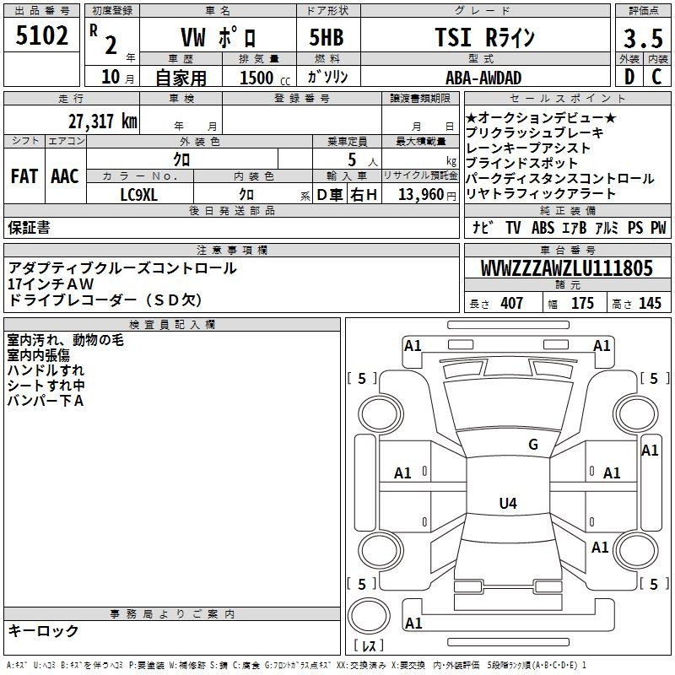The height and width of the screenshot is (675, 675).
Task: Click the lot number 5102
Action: [41, 35]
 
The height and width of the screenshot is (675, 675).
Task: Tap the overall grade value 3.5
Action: [643, 38]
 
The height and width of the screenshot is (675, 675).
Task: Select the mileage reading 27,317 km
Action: [103, 121]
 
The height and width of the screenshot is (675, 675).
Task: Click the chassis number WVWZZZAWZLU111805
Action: [567, 268]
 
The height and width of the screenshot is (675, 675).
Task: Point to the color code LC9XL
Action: [138, 195]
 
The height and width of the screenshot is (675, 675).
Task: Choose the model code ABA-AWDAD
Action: [483, 78]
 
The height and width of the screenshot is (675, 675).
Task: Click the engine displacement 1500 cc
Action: [265, 78]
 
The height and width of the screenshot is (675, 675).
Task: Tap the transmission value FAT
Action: [24, 176]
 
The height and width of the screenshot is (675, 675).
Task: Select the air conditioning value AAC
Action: [65, 176]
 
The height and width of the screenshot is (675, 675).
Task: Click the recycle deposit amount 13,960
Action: [421, 195]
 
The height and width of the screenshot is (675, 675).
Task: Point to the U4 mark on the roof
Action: [508, 503]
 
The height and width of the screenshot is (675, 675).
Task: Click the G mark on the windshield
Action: [533, 445]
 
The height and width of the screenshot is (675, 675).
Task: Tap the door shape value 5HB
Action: [327, 37]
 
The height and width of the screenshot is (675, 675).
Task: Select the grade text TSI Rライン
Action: [484, 37]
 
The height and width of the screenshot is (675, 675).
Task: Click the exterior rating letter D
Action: [629, 77]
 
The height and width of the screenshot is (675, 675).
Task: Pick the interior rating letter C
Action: [656, 77]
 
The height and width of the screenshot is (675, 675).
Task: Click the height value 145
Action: [650, 303]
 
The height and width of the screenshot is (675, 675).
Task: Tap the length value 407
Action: [512, 303]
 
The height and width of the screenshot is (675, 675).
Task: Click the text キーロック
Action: [43, 630]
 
